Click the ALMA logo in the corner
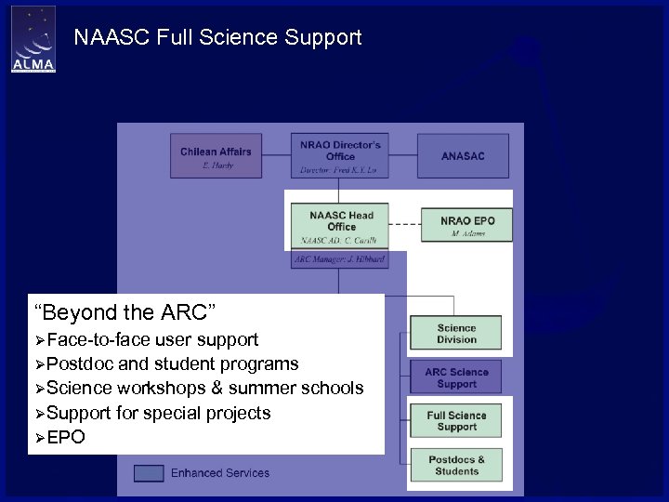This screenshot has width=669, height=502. click(33, 40)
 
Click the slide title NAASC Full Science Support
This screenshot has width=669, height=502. click(217, 38)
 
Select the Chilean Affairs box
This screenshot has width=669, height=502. click(216, 156)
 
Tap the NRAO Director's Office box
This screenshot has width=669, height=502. click(341, 155)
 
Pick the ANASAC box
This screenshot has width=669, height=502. click(463, 156)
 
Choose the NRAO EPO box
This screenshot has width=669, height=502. click(467, 225)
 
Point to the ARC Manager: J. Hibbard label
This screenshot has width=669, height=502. click(340, 259)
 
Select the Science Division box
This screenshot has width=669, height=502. click(456, 334)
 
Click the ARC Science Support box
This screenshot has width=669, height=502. click(456, 377)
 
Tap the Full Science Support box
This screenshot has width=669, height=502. click(456, 421)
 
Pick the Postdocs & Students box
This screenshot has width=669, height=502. click(456, 465)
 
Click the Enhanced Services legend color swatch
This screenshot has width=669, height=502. click(149, 472)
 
